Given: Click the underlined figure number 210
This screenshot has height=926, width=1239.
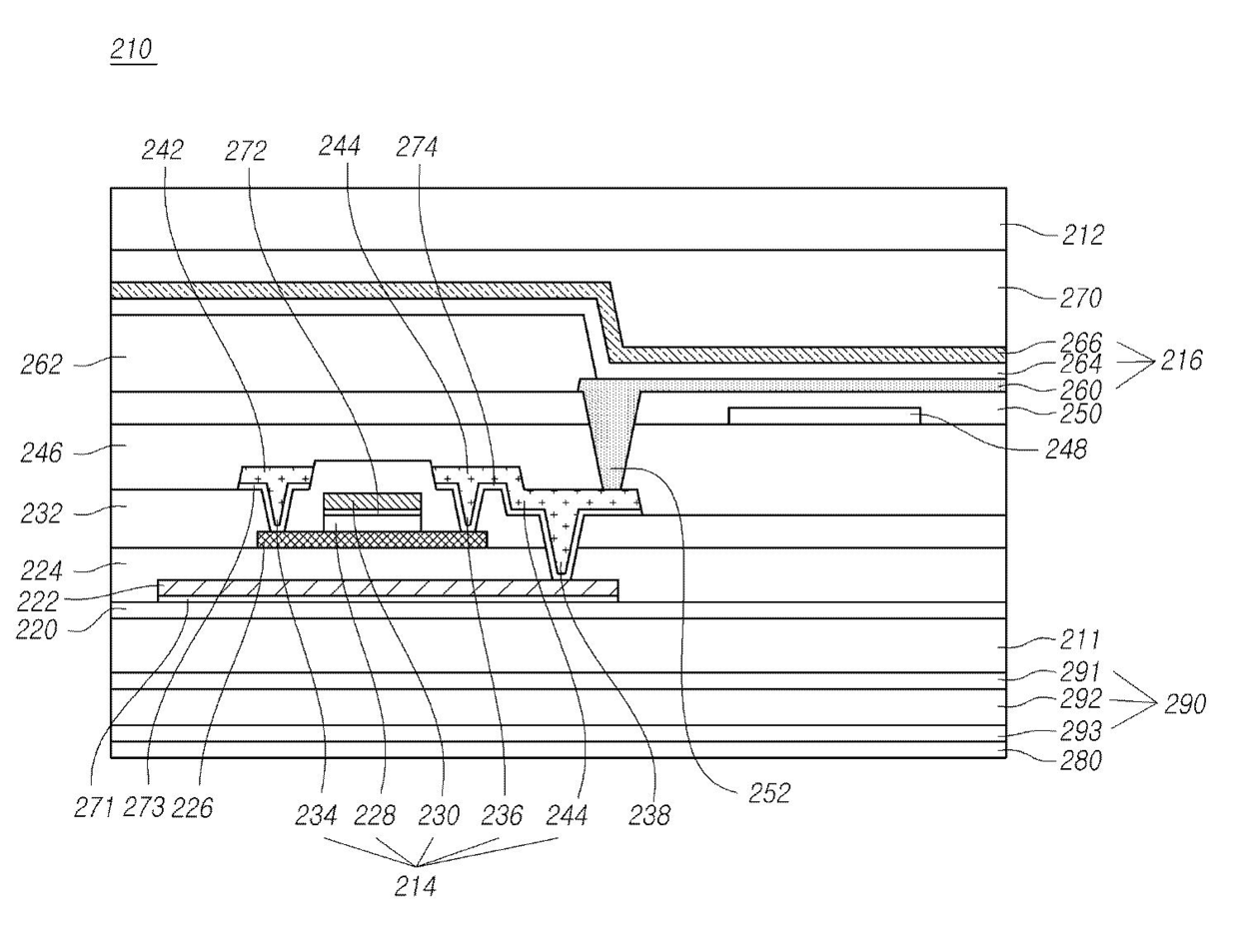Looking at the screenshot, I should coord(132,49).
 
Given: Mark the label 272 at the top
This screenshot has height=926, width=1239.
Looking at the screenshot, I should coord(246,151).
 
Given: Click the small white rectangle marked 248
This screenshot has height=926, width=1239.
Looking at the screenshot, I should coord(824,416).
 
